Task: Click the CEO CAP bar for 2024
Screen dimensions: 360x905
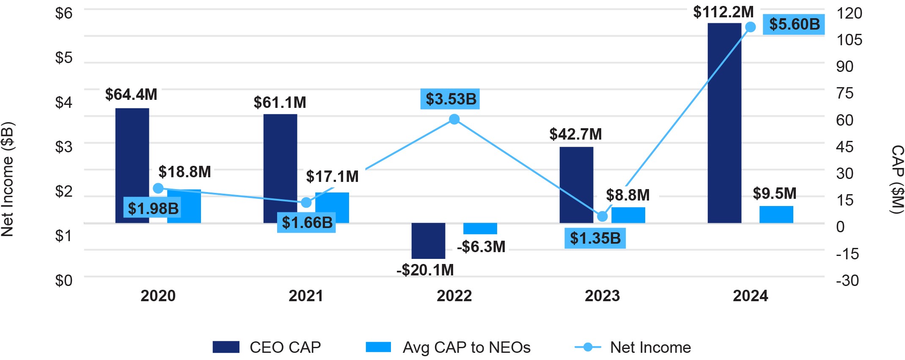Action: point(724,123)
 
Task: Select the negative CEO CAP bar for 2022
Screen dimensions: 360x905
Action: point(428,240)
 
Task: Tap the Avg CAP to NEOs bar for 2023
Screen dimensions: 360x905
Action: point(628,215)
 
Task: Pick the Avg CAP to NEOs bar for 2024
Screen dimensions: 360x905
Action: point(776,214)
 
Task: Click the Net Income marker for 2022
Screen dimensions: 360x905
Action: point(454,119)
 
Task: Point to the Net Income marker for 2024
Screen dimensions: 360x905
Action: point(750,27)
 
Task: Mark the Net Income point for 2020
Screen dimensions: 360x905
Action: point(158,188)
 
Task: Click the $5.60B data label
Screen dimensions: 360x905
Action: point(794,25)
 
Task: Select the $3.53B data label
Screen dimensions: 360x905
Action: point(451,99)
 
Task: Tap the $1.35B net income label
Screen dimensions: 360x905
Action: point(595,238)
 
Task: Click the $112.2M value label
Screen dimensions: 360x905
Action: point(723,12)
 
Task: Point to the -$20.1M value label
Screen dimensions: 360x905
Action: point(425,270)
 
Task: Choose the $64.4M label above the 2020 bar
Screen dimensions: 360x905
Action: point(131,94)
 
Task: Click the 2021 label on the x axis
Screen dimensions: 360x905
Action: point(306,296)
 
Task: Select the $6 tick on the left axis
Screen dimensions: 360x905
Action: point(64,14)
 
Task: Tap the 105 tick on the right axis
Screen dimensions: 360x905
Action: point(849,40)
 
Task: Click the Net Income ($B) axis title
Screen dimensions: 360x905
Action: point(8,179)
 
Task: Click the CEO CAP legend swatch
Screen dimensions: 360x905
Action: point(226,347)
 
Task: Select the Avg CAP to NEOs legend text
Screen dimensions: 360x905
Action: point(466,347)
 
